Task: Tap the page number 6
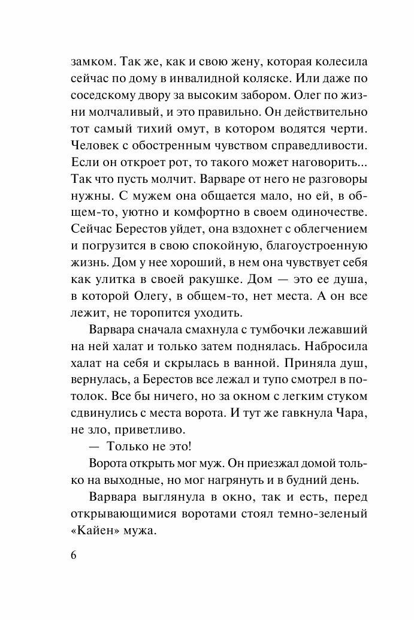[x=74, y=555]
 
